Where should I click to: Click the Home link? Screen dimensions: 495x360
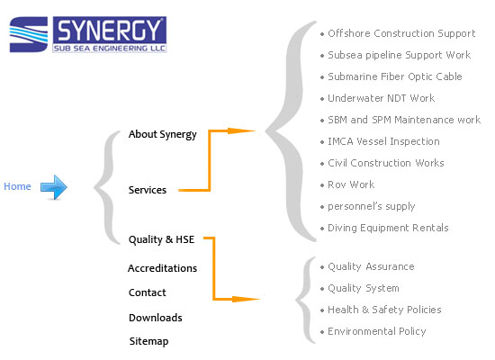pyautogui.click(x=17, y=186)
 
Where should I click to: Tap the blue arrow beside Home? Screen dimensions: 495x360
pyautogui.click(x=54, y=187)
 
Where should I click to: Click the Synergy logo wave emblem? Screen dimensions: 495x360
pyautogui.click(x=29, y=34)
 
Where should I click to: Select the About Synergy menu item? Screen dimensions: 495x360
pyautogui.click(x=162, y=134)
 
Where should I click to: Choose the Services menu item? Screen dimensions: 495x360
pyautogui.click(x=148, y=190)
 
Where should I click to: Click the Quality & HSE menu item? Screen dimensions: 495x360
pyautogui.click(x=161, y=239)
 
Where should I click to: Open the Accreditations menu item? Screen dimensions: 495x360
pyautogui.click(x=162, y=268)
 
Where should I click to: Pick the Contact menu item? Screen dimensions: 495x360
pyautogui.click(x=147, y=292)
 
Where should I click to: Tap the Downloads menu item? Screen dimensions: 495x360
pyautogui.click(x=156, y=318)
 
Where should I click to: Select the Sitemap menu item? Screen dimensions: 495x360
pyautogui.click(x=148, y=341)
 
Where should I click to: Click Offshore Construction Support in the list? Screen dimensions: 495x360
pyautogui.click(x=401, y=33)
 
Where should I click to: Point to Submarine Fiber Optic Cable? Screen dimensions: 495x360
pyautogui.click(x=395, y=76)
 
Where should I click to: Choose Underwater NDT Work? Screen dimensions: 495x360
pyautogui.click(x=382, y=98)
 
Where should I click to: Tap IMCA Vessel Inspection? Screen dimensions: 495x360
pyautogui.click(x=384, y=141)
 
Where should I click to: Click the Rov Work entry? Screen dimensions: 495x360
pyautogui.click(x=351, y=184)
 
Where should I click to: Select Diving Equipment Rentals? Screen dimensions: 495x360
pyautogui.click(x=388, y=228)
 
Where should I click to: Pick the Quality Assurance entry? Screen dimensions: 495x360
pyautogui.click(x=371, y=266)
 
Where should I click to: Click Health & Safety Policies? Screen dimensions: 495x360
pyautogui.click(x=384, y=310)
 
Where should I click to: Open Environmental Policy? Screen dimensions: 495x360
pyautogui.click(x=377, y=331)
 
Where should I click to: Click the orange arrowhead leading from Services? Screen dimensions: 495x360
pyautogui.click(x=241, y=130)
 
